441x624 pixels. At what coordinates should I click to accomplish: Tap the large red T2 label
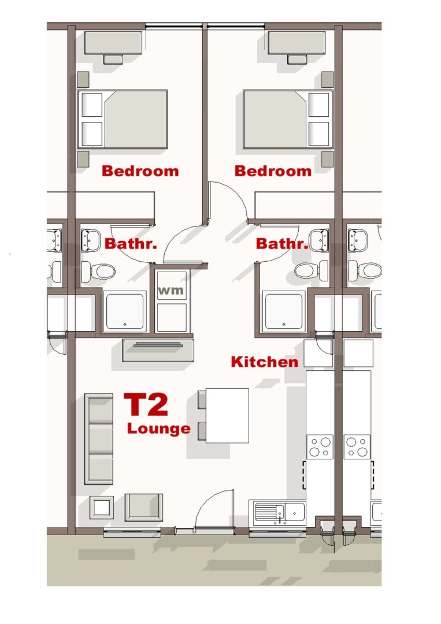coord(146,404)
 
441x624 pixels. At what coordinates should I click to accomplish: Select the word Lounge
coord(158,429)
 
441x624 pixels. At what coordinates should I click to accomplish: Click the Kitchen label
coord(264,362)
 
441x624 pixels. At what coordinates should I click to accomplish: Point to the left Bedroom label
coord(140,171)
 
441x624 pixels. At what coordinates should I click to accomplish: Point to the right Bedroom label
coord(273,171)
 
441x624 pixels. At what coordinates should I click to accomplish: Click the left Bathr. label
coord(131,244)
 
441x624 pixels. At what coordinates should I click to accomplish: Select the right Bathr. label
coord(282,244)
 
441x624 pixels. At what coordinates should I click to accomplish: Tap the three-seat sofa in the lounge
coord(99,439)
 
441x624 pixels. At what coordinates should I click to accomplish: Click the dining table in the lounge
coord(227,415)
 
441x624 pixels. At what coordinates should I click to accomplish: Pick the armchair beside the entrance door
coord(144,507)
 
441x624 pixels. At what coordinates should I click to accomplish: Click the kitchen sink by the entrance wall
coord(280,512)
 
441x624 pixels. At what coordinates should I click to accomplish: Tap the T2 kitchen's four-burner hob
coord(320,447)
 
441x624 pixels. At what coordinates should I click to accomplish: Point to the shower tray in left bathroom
coord(125,311)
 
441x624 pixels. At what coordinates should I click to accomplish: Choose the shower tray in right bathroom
coord(284,311)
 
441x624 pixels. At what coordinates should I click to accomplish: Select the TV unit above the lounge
coord(158,350)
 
